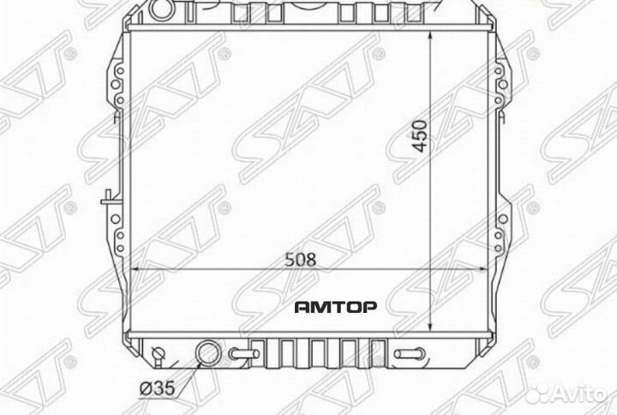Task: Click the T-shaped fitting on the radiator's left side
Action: point(105,200)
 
